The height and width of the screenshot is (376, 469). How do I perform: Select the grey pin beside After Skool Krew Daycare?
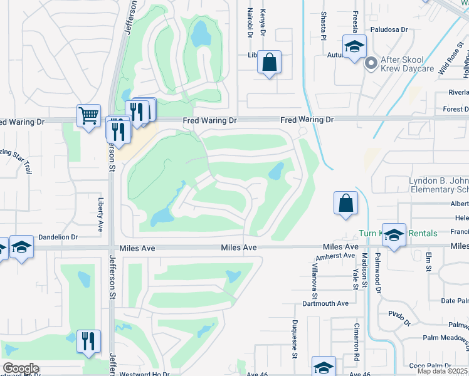371,62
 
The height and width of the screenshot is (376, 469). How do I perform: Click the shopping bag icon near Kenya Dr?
270,62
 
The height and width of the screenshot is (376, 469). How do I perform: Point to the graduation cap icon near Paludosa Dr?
354,46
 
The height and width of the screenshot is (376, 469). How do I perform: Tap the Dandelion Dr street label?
58,238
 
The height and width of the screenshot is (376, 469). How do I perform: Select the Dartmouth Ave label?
325,303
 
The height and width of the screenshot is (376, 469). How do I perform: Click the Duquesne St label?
294,339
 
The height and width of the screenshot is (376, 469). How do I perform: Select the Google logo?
21,368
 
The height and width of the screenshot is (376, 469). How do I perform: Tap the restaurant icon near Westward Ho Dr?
88,341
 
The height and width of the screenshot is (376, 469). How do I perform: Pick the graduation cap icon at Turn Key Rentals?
394,234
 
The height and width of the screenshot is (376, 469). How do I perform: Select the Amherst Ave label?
336,256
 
